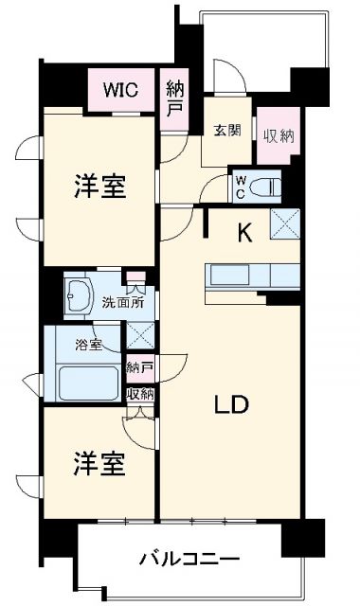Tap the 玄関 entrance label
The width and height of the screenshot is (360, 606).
226,130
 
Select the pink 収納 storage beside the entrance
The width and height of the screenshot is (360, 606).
279,134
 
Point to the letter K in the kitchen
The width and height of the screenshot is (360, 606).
244,233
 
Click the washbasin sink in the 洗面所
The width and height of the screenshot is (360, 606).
79,295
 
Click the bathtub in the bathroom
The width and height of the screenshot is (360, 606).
87,383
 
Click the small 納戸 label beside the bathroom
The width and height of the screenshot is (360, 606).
140,365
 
